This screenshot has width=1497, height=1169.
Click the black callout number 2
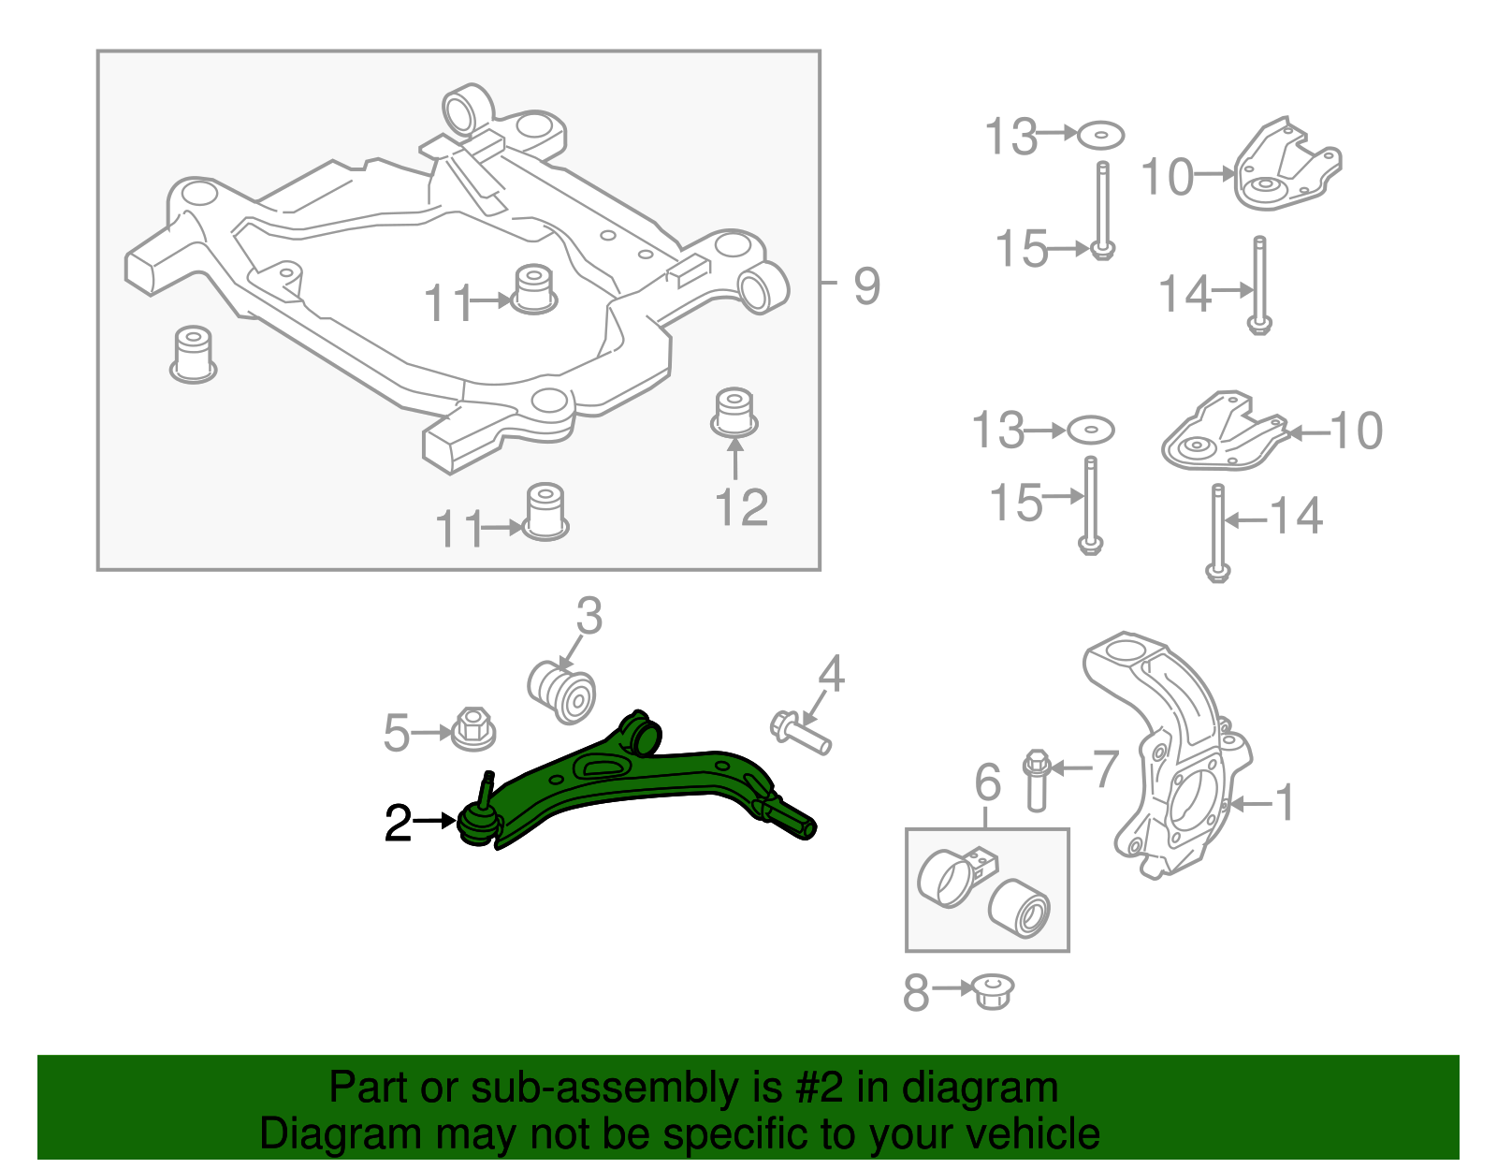(x=398, y=824)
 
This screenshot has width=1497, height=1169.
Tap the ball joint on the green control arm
(x=478, y=823)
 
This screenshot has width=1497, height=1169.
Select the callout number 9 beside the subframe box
(x=866, y=285)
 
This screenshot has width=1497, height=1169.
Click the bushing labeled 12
(x=734, y=412)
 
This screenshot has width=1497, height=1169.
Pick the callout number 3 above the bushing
(x=589, y=617)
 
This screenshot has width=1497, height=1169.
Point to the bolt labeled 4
(x=801, y=732)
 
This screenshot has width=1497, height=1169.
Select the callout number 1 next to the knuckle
(x=1286, y=802)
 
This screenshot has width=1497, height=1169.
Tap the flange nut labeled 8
(x=993, y=990)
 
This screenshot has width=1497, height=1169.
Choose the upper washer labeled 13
(x=1100, y=136)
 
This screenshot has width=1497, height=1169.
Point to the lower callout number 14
(x=1296, y=517)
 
